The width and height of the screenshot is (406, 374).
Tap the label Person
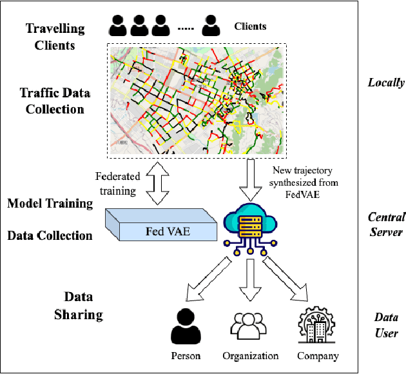[186, 356]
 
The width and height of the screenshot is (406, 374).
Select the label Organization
[250, 356]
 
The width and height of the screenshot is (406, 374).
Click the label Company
[318, 356]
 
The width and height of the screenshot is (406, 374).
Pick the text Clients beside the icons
[249, 26]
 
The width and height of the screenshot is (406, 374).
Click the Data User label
[386, 325]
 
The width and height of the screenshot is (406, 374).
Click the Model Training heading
[50, 204]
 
